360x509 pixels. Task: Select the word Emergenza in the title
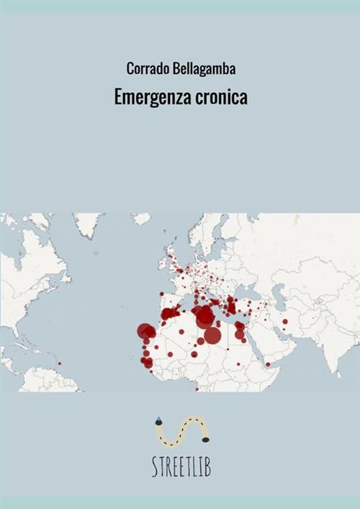point(150,99)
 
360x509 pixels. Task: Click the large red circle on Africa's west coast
point(147,331)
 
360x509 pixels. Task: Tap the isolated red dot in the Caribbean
point(59,363)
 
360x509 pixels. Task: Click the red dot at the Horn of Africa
point(267,364)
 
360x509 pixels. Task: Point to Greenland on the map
point(88,223)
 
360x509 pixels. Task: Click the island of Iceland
point(142,219)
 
